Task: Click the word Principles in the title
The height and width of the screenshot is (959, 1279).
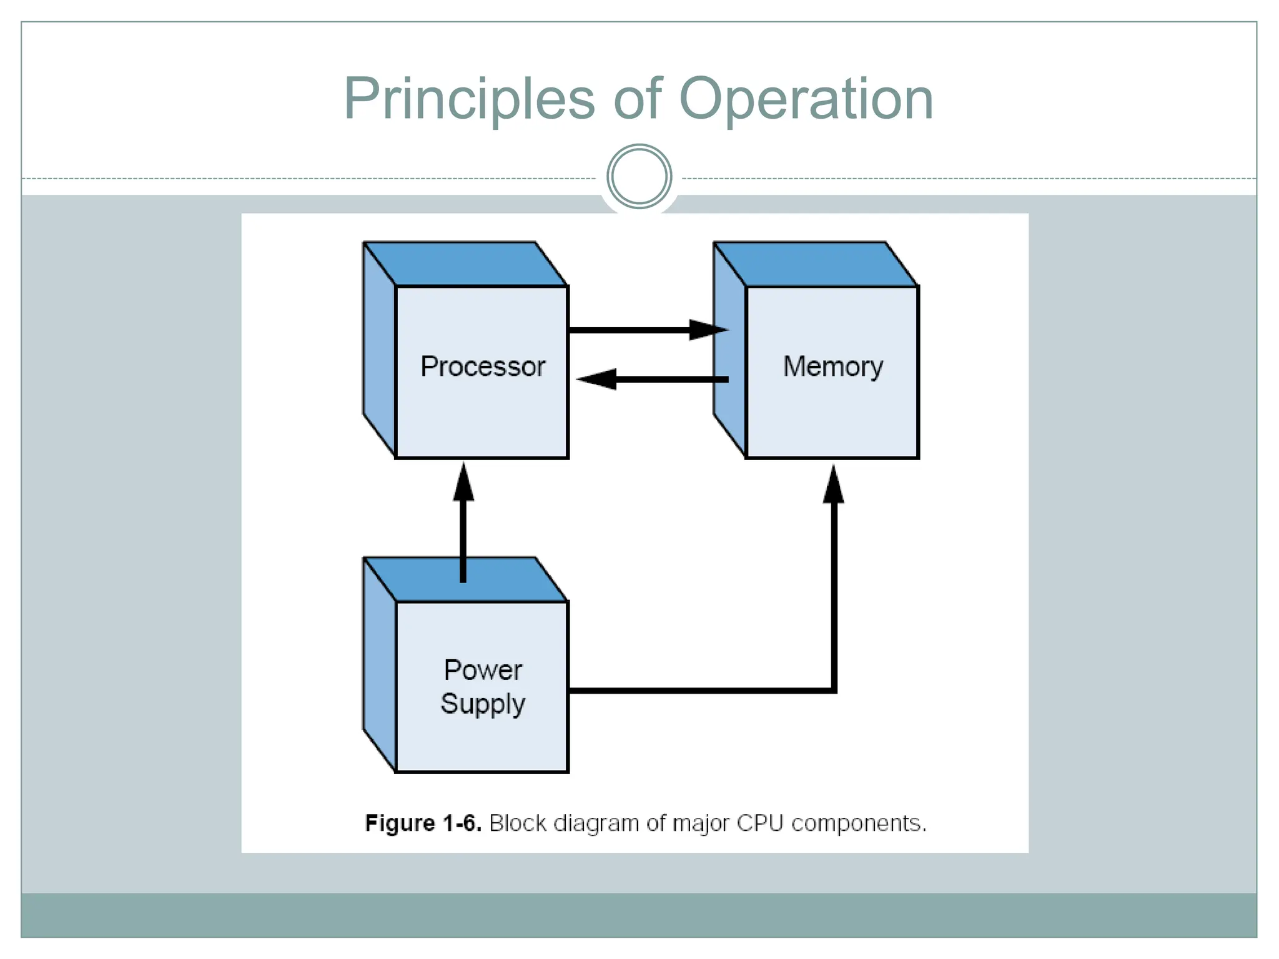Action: (469, 100)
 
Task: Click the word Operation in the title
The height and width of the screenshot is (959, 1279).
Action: (806, 100)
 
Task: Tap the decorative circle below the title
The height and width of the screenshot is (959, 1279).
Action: (639, 177)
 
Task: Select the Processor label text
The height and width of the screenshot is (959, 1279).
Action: (483, 366)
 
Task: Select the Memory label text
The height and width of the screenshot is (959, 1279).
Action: (833, 366)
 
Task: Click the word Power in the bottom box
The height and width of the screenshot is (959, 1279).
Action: (483, 670)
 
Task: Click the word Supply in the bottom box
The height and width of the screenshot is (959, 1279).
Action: (483, 704)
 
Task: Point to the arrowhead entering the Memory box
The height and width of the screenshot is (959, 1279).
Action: (709, 330)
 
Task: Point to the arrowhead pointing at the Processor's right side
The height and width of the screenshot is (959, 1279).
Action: (596, 379)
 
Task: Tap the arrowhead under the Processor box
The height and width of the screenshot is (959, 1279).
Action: (463, 483)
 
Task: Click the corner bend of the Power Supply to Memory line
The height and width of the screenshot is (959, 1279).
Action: (833, 690)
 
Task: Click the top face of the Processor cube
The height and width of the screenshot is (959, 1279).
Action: (465, 264)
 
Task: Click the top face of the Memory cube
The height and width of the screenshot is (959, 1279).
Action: (815, 264)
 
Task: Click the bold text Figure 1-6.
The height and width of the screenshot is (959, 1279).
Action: (423, 823)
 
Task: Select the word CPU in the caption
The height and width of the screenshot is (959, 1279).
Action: (759, 823)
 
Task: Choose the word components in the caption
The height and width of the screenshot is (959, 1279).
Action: (858, 823)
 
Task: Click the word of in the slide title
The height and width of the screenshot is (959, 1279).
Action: (638, 100)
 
